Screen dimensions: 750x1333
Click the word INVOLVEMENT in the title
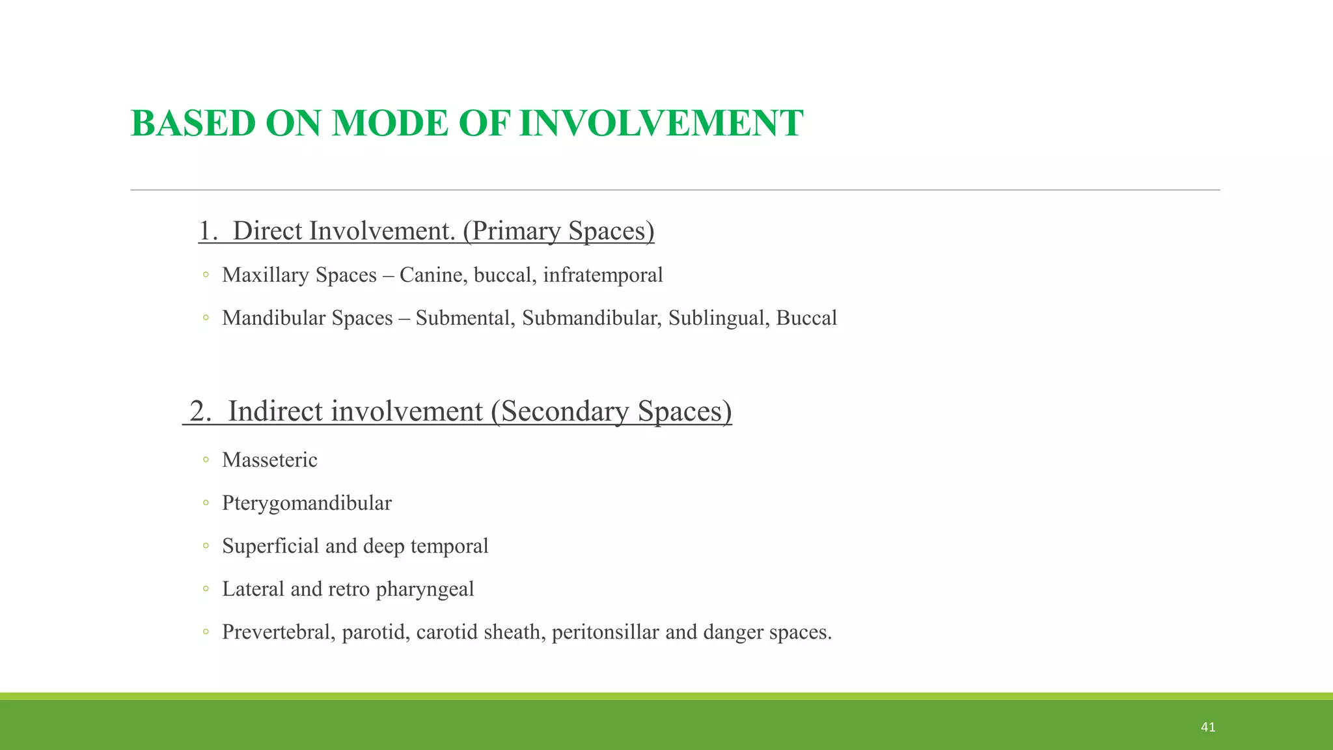[x=661, y=123]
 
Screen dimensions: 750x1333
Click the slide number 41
[x=1208, y=727]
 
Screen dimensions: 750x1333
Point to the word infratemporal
[x=603, y=275]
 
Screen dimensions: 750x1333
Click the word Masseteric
[x=269, y=460]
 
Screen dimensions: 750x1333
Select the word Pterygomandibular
[x=307, y=503]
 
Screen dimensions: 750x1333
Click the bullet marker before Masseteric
[x=206, y=460]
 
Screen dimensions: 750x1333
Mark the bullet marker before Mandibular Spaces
[x=206, y=318]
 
